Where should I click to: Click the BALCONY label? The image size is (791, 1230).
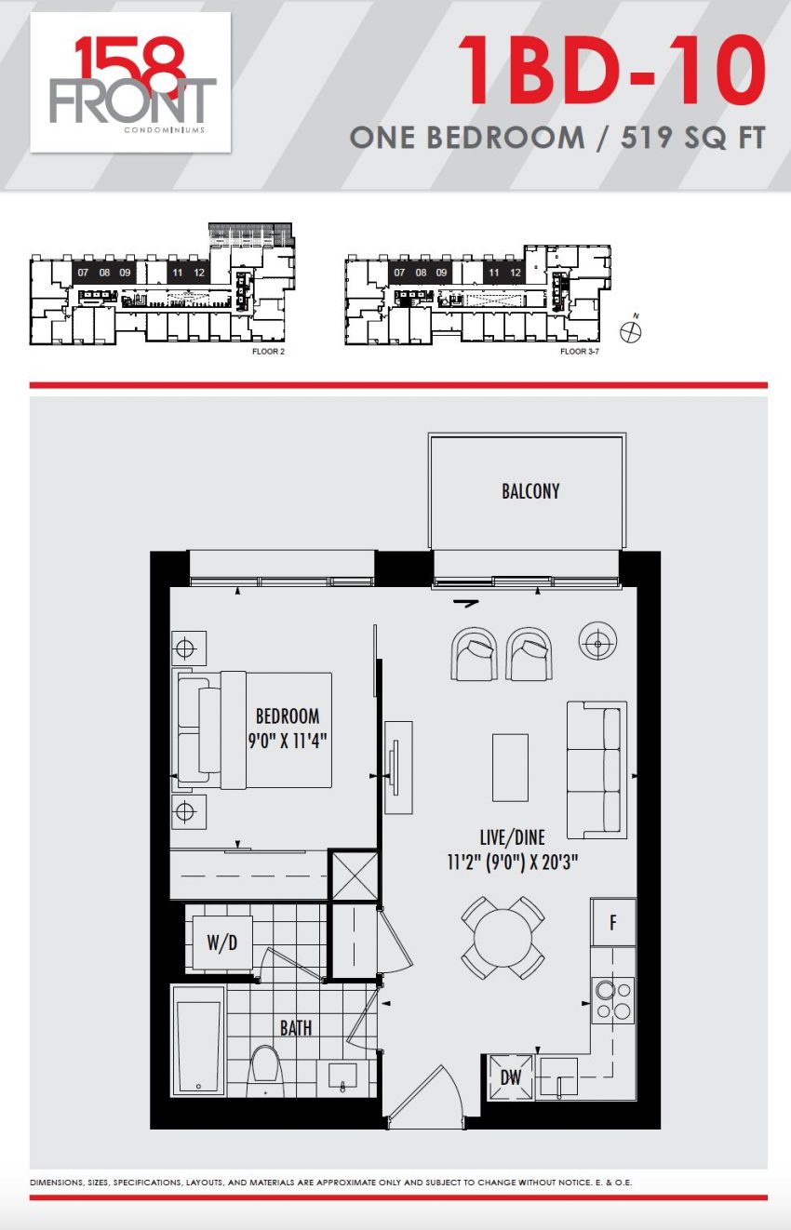pyautogui.click(x=530, y=491)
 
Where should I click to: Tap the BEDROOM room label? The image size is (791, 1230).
pyautogui.click(x=288, y=716)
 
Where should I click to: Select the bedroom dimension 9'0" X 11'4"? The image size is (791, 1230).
pyautogui.click(x=288, y=741)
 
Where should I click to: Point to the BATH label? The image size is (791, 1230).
pyautogui.click(x=296, y=1028)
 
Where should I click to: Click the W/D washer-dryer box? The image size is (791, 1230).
pyautogui.click(x=221, y=943)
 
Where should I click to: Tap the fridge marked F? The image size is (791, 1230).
pyautogui.click(x=613, y=922)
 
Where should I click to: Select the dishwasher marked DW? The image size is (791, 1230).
pyautogui.click(x=511, y=1077)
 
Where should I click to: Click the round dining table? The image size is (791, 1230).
pyautogui.click(x=503, y=939)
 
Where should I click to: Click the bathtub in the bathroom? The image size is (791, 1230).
pyautogui.click(x=199, y=1042)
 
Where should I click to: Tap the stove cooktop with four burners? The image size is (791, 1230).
pyautogui.click(x=613, y=1000)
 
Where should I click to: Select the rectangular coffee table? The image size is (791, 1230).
pyautogui.click(x=510, y=768)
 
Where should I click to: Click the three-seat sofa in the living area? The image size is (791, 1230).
pyautogui.click(x=597, y=769)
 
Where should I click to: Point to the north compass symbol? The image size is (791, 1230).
pyautogui.click(x=632, y=330)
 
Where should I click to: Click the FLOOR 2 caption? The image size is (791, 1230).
pyautogui.click(x=268, y=352)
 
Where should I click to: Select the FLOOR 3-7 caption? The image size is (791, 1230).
pyautogui.click(x=580, y=352)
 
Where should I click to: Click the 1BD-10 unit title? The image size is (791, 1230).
pyautogui.click(x=611, y=71)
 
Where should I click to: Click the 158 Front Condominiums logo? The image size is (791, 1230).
pyautogui.click(x=130, y=83)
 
